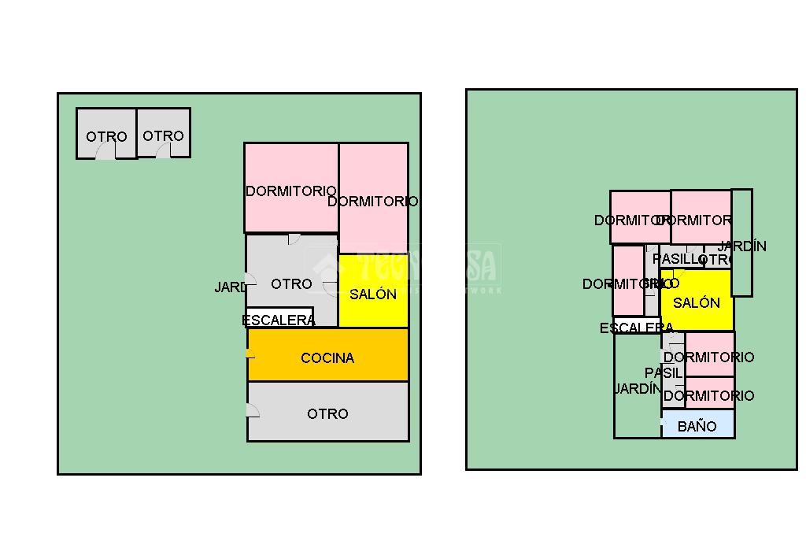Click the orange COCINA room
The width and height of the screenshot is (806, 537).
pos(327,355)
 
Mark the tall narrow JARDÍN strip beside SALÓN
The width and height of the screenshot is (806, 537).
pos(742,243)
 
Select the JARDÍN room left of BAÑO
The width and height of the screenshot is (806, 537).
pos(637,386)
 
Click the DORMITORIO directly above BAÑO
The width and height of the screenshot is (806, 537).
pos(709,393)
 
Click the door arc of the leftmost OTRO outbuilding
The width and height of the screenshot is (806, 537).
pos(105,153)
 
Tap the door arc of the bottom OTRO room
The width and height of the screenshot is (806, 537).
pos(253,410)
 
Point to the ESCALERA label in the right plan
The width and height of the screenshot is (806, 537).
pos(636,328)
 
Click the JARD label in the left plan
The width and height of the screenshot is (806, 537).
pos(230,287)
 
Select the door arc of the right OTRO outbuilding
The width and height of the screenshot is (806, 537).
pos(164,152)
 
